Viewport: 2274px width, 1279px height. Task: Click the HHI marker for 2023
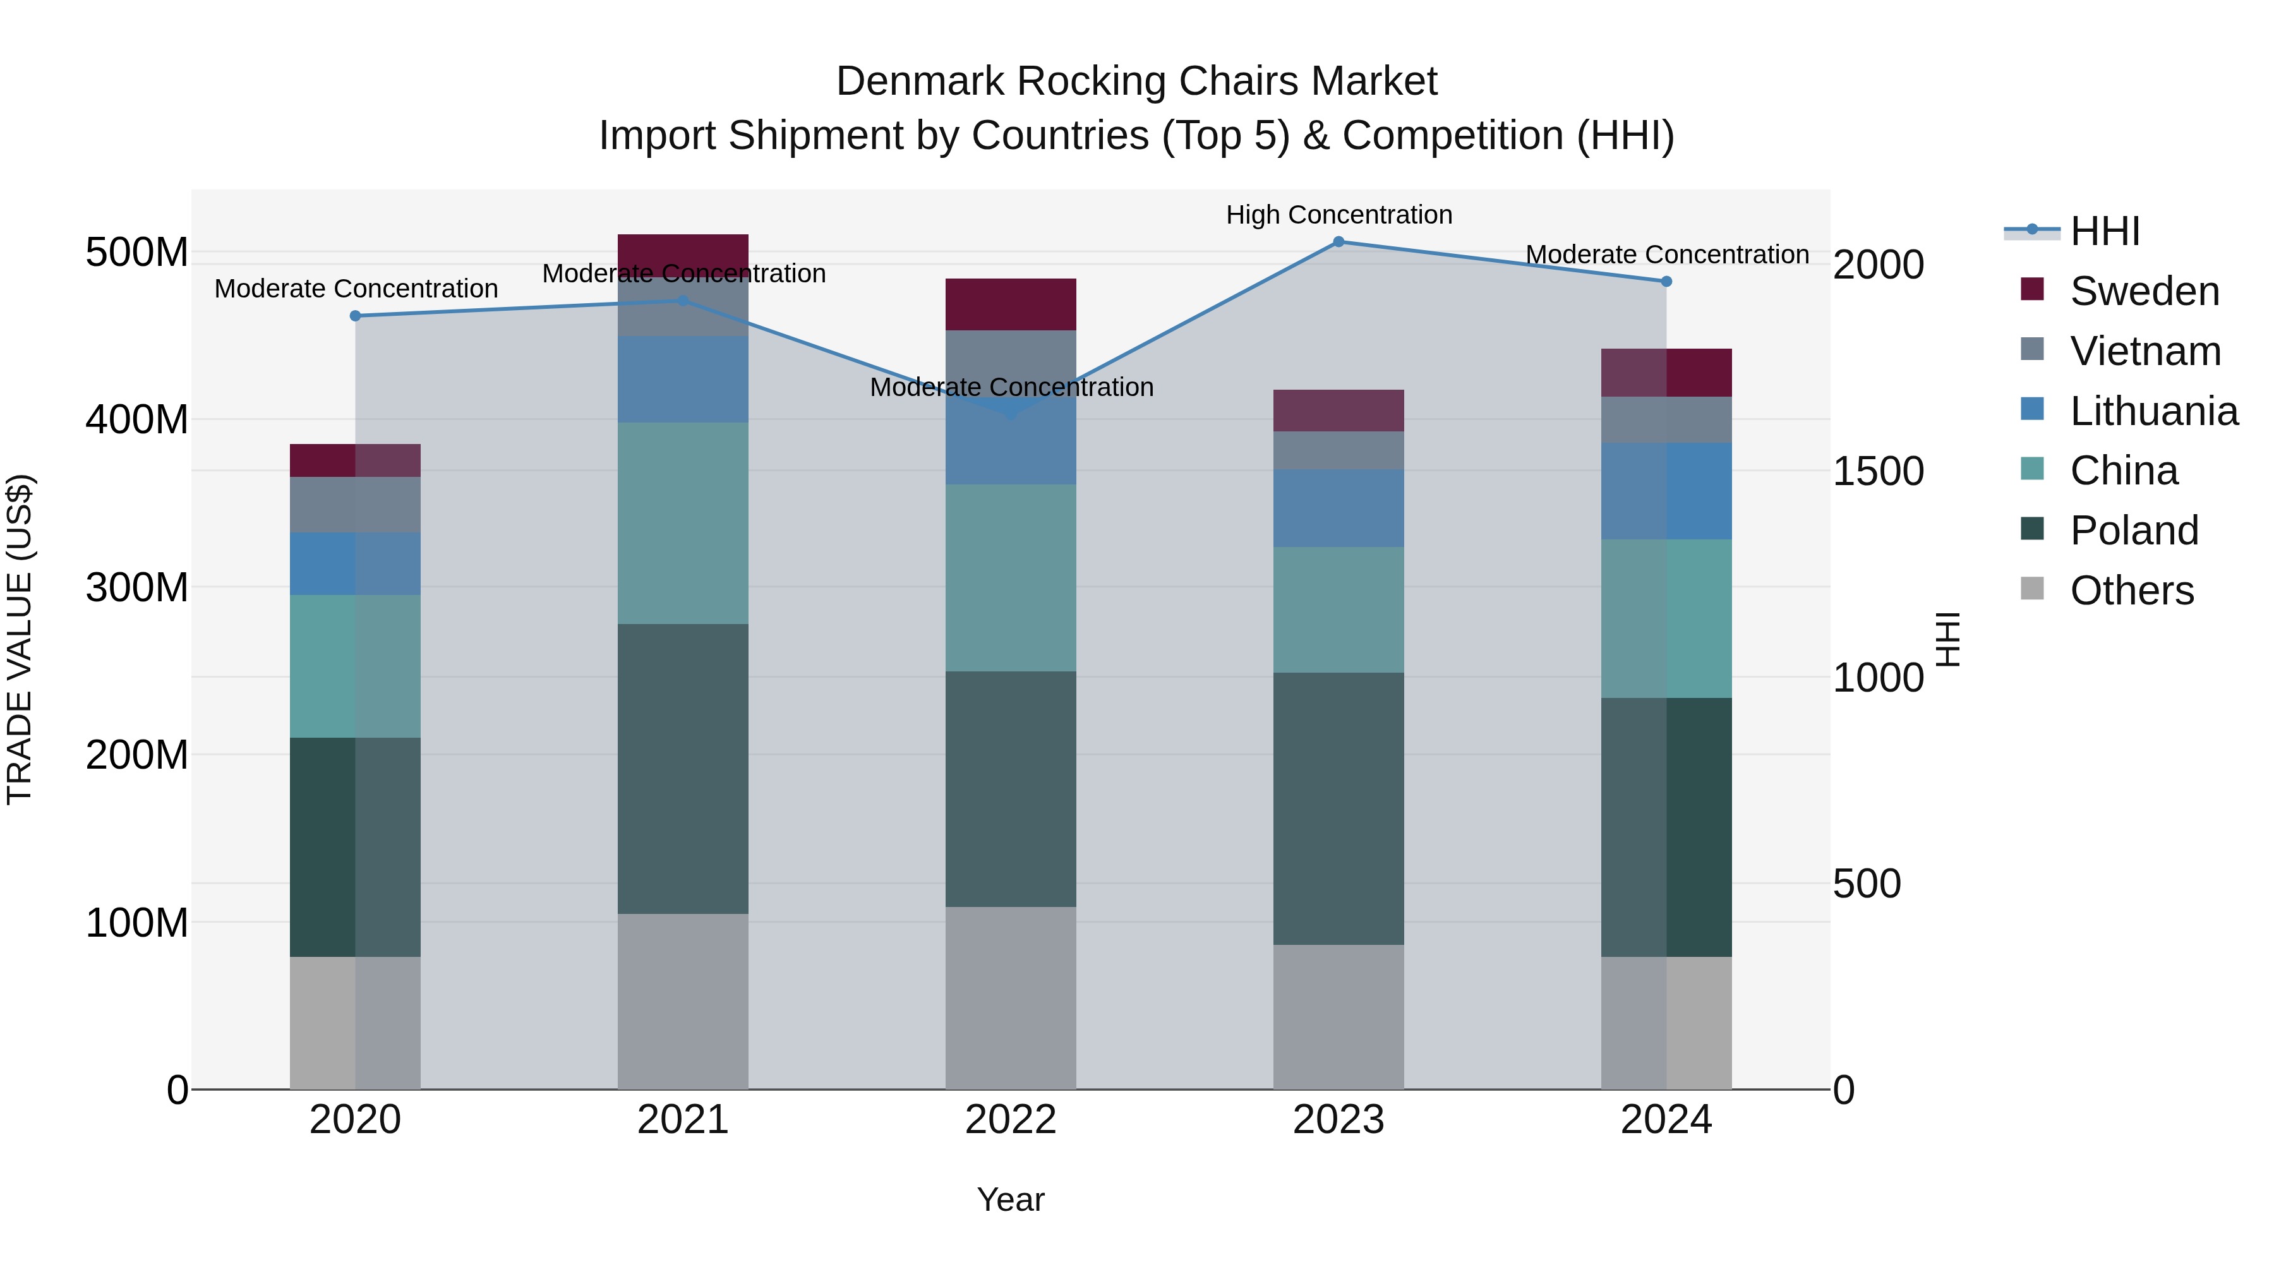[x=1339, y=242]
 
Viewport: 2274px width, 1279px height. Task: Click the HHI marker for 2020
[x=355, y=316]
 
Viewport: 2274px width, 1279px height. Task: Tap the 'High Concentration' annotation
[x=1339, y=215]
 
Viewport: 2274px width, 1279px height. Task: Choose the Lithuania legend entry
[x=2153, y=411]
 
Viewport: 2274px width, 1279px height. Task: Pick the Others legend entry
[x=2131, y=591]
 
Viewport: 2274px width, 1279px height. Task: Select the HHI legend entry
[x=2105, y=231]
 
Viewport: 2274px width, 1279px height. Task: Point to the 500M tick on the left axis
[x=137, y=253]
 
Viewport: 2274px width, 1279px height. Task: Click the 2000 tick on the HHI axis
[x=1878, y=265]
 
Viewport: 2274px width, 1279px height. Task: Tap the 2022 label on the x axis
[x=1011, y=1120]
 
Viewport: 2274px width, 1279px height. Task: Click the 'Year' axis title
[x=1011, y=1199]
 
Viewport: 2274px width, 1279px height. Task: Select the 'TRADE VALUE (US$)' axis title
[x=20, y=639]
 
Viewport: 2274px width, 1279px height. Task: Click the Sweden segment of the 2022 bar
[x=1011, y=304]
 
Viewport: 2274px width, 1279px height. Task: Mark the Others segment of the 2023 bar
[x=1339, y=1017]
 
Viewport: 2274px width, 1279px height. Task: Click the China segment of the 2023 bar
[x=1339, y=609]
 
